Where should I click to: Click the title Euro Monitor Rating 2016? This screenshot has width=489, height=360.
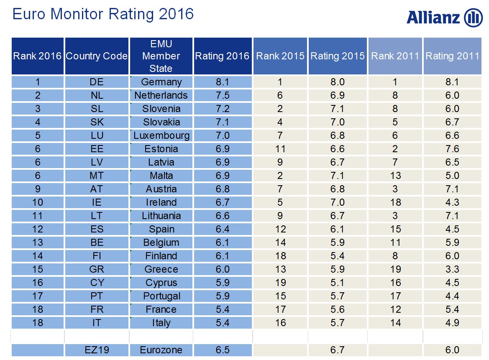pos(103,14)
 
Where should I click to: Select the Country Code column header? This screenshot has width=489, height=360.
pos(97,56)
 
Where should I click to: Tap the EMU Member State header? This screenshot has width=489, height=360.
pos(161,56)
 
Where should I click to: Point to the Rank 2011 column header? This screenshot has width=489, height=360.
pos(395,56)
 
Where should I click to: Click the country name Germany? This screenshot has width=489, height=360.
pos(161,82)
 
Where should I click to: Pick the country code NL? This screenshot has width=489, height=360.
pos(97,95)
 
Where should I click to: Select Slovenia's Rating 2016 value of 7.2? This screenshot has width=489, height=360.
pos(222,109)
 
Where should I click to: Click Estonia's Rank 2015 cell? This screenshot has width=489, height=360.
pos(280,149)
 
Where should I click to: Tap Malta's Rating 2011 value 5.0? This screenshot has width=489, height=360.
pos(452,176)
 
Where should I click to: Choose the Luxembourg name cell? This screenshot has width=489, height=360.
pos(161,135)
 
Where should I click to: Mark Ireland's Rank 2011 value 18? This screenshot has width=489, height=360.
pos(395,202)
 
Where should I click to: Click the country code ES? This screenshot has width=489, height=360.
pos(97,229)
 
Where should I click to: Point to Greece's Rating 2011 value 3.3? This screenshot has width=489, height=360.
pos(452,269)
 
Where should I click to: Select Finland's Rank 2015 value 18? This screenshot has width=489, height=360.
pos(280,256)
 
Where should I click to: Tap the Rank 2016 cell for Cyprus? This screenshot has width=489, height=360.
pos(38,283)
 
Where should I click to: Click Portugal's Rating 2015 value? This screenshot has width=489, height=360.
pos(337,296)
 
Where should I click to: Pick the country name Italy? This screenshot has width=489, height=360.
pos(161,323)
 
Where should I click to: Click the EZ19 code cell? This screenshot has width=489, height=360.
pos(97,350)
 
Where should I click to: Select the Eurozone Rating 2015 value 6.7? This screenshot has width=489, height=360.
pos(337,350)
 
